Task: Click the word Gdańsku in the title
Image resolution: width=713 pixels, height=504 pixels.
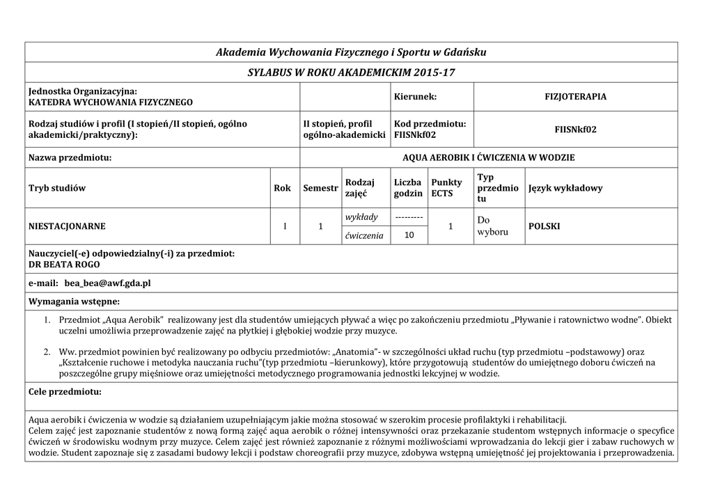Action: point(464,52)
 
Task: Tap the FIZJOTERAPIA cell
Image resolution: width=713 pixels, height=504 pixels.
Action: point(575,97)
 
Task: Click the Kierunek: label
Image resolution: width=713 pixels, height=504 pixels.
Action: point(416,97)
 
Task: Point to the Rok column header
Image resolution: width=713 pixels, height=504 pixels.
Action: point(282,188)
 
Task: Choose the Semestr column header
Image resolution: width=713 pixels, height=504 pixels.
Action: point(320,188)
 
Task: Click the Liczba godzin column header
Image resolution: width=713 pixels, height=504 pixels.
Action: point(408,188)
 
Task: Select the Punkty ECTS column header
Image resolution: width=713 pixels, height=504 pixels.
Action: point(446,188)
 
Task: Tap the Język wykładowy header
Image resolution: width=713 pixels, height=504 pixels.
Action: point(565,188)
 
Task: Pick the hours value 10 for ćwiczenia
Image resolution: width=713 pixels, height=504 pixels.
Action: point(409,236)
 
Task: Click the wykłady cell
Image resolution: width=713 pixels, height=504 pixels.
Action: point(362,217)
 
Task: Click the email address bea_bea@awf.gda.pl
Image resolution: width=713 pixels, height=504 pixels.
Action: point(107,284)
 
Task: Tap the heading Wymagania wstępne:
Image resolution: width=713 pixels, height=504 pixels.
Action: point(74,301)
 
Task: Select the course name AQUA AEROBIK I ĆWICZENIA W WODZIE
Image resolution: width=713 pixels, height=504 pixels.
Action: point(488,157)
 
